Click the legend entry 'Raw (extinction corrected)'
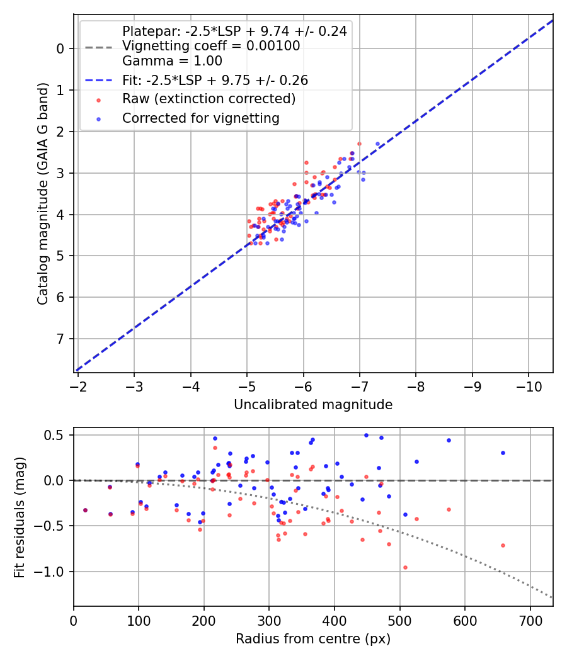pyautogui.click(x=209, y=99)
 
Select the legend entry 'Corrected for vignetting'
pyautogui.click(x=200, y=118)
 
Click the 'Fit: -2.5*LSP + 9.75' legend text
pyautogui.click(x=215, y=81)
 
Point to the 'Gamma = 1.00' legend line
pyautogui.click(x=172, y=61)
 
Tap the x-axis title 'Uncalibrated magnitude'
pyautogui.click(x=313, y=405)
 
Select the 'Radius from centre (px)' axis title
pyautogui.click(x=313, y=639)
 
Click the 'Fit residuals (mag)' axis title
pyautogui.click(x=19, y=517)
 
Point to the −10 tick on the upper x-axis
pyautogui.click(x=528, y=386)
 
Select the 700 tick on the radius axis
pyautogui.click(x=530, y=619)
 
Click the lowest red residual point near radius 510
pyautogui.click(x=405, y=567)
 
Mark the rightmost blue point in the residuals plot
pyautogui.click(x=503, y=453)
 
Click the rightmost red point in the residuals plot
pyautogui.click(x=503, y=545)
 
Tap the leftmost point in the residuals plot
pyautogui.click(x=85, y=510)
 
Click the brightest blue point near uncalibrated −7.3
pyautogui.click(x=378, y=144)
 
